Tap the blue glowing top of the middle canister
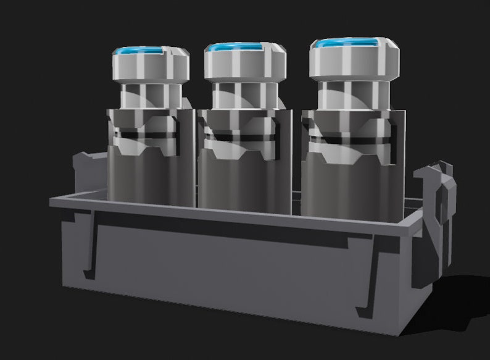(x=241, y=48)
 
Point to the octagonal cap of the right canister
(x=353, y=62)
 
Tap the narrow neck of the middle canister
(x=243, y=94)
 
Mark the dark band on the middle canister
(x=241, y=136)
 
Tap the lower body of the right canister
(x=349, y=185)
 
